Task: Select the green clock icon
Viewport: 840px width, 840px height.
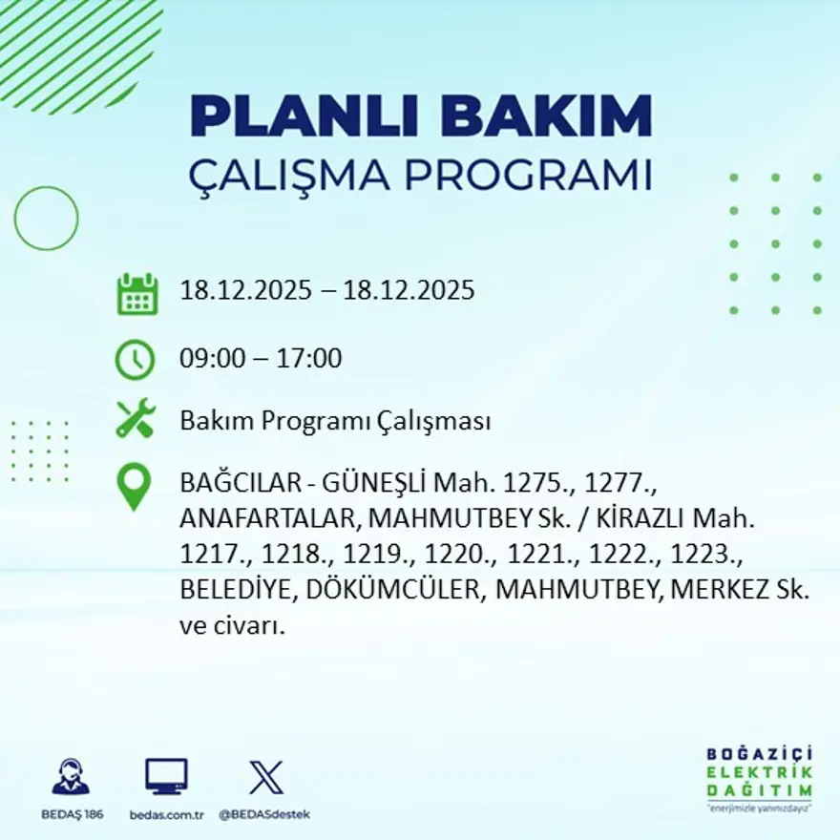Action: click(x=135, y=359)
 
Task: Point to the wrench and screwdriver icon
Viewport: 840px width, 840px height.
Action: click(x=135, y=420)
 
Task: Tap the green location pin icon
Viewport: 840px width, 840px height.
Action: click(x=134, y=486)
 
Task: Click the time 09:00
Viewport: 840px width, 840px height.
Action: click(x=213, y=359)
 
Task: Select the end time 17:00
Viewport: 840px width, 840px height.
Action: click(x=309, y=359)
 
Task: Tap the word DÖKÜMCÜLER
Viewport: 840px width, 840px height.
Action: click(x=396, y=590)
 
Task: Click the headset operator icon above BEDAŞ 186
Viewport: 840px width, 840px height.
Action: click(x=71, y=777)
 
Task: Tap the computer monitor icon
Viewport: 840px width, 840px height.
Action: click(x=166, y=777)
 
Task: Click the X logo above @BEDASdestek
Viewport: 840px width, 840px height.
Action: click(x=265, y=777)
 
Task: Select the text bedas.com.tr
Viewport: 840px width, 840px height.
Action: click(x=166, y=814)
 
